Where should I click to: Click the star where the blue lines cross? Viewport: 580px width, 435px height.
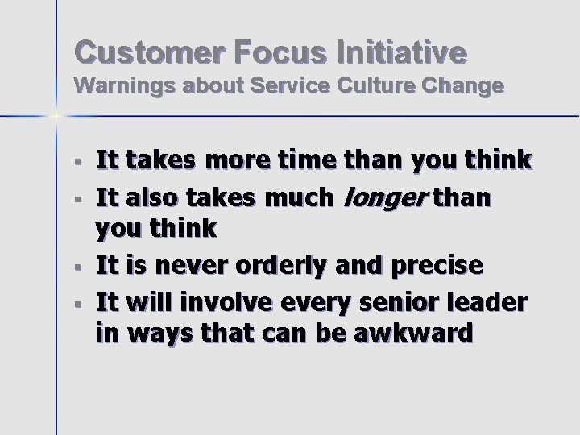click(56, 116)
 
